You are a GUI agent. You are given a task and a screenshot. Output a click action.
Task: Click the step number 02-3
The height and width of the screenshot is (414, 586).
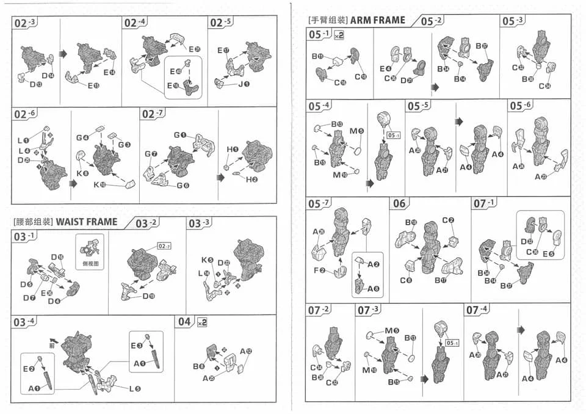point(25,23)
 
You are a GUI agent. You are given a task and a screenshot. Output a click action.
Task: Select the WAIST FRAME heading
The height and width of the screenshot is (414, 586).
point(87,222)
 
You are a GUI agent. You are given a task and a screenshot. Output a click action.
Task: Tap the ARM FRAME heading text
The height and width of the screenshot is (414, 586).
point(377,20)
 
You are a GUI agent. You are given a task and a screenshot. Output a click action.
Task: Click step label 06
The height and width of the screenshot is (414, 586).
point(399,203)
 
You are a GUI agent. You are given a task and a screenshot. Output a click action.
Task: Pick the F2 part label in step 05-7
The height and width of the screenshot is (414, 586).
point(320,271)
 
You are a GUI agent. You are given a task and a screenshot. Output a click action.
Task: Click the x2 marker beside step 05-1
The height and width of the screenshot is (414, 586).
point(339,35)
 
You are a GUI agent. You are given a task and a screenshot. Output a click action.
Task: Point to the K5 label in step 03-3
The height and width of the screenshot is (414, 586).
point(207,260)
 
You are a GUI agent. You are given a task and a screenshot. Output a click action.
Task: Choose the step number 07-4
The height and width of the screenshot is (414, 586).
point(477,310)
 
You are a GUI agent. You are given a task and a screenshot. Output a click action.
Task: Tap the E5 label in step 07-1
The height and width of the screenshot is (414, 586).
point(548,254)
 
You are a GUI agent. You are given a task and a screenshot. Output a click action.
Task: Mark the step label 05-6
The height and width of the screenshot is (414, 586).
point(519,106)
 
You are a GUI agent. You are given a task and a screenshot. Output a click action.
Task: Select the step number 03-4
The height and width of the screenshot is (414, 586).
point(24,322)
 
